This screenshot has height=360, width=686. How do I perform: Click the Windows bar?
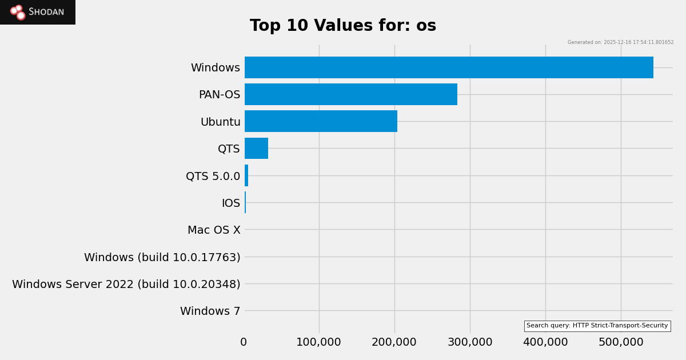(449, 67)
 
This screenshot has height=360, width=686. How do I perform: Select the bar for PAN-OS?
(351, 94)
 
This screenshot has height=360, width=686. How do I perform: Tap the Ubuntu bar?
(321, 121)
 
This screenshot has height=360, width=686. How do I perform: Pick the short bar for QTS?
(256, 149)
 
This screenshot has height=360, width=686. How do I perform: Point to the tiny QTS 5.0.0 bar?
(246, 175)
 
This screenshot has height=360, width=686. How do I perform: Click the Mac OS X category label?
(214, 230)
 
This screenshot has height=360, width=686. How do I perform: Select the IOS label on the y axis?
(231, 203)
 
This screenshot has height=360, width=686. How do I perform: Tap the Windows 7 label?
(210, 311)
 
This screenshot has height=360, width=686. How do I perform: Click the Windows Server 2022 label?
(126, 285)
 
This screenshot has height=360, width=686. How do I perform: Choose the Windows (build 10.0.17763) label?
(162, 258)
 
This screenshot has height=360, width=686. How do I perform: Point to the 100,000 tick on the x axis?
(318, 342)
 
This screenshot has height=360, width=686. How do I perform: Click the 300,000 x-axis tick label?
(469, 342)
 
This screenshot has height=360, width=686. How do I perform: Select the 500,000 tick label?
(620, 342)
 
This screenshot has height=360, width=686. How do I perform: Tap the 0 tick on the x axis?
(244, 342)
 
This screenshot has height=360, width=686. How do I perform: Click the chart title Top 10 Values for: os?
(343, 26)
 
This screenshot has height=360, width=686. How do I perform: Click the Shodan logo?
(38, 12)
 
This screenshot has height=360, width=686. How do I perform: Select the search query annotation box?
(597, 326)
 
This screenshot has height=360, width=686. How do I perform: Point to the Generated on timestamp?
(620, 42)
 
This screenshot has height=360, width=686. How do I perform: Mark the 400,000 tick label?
(545, 342)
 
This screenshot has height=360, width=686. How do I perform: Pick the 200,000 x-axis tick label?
(394, 342)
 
